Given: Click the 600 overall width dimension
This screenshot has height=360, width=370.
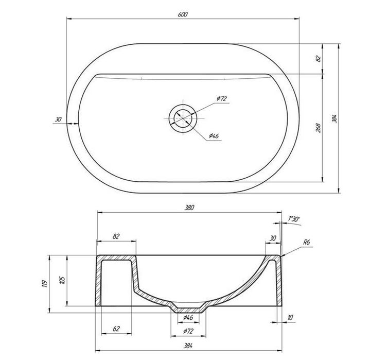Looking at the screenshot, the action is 183,14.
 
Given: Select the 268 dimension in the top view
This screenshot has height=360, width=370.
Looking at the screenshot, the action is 319,128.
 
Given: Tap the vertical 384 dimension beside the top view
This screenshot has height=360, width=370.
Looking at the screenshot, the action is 334,118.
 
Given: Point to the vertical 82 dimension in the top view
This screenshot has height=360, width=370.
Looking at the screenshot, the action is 319,58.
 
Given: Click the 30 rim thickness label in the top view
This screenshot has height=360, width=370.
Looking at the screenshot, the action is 58,119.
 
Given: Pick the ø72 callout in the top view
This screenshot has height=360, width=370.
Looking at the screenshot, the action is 222,98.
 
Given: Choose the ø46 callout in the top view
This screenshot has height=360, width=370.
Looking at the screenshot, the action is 214,136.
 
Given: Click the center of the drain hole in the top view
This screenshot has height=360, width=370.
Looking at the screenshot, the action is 183,118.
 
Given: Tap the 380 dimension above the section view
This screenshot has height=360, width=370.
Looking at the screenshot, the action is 189,208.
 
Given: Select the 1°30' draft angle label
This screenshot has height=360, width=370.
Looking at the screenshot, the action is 293,219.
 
